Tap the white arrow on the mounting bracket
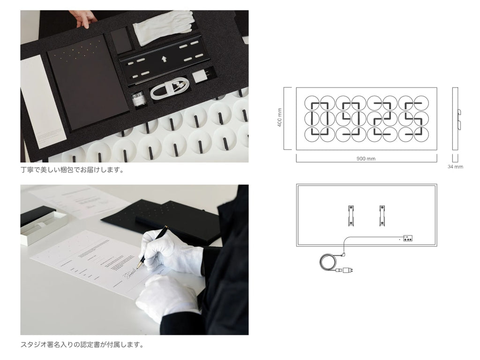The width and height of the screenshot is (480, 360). point(164,59)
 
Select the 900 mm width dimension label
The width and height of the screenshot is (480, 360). point(366,158)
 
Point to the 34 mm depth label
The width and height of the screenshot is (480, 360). point(455,166)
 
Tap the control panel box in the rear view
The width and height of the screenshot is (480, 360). point(407,239)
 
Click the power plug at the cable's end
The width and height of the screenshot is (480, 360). point(348,270)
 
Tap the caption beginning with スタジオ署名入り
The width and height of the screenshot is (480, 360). point(82,345)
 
